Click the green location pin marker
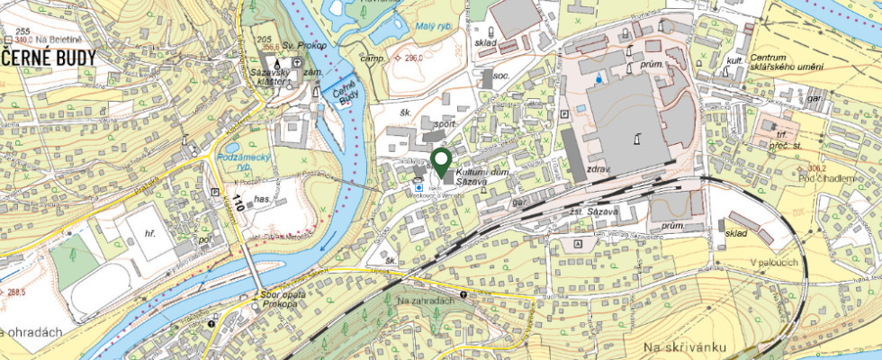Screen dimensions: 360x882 point(441,162)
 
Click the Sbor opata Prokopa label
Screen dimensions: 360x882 point(280,299)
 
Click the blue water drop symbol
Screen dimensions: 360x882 point(596,79)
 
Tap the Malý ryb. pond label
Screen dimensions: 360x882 point(436,27)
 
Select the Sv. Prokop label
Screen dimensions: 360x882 point(301,44)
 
